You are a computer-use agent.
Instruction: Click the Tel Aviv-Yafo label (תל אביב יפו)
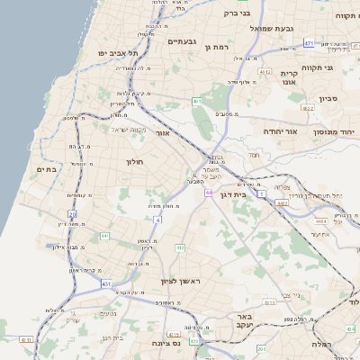(x=117, y=54)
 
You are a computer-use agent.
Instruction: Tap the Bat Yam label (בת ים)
(x=47, y=168)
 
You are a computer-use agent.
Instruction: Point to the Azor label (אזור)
(x=163, y=133)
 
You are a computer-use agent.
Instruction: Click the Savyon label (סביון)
(x=328, y=98)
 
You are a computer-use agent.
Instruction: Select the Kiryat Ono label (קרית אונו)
(x=289, y=78)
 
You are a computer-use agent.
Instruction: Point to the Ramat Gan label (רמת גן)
(x=218, y=46)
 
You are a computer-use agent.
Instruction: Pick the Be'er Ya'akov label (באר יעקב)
(x=243, y=321)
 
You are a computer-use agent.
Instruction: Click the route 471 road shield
(x=309, y=42)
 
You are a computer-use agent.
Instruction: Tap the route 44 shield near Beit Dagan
(x=208, y=193)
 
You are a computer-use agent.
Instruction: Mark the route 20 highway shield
(x=72, y=213)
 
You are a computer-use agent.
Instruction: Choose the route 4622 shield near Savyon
(x=308, y=108)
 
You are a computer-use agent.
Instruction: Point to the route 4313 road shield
(x=24, y=339)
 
